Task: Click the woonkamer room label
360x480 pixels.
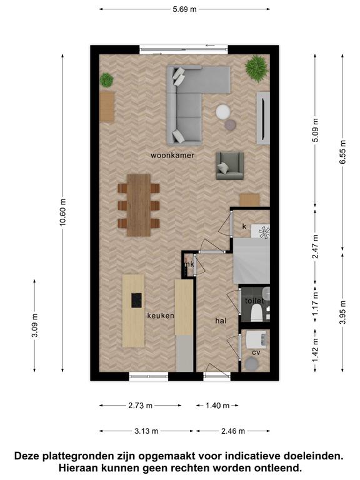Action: coord(172,156)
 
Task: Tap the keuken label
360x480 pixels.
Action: coord(161,316)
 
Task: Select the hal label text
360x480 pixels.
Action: coord(221,321)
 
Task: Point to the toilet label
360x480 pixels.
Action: coord(254,301)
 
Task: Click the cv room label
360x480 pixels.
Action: coord(256,352)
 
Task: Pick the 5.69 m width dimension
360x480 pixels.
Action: coord(184,9)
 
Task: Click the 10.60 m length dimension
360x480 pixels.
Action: coord(62,212)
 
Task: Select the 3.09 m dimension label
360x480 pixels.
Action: coord(34,326)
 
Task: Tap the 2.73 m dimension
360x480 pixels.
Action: coord(140,406)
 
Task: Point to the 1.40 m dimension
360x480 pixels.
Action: coord(217,406)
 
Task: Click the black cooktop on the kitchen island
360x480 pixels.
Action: coord(136,300)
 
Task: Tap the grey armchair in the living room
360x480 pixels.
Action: coord(230,166)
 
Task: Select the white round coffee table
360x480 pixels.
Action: coord(223,112)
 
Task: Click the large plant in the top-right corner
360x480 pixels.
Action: coord(257,69)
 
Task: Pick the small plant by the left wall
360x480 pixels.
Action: coord(106,80)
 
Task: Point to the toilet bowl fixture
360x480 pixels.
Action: coord(256,314)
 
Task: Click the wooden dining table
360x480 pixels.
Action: coord(139,205)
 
